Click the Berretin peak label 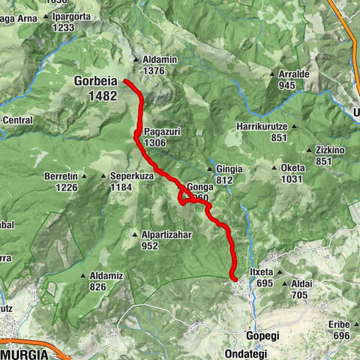pyautogui.click(x=61, y=176)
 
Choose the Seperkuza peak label pyautogui.click(x=131, y=176)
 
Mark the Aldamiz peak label pyautogui.click(x=106, y=275)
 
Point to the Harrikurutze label pyautogui.click(x=262, y=126)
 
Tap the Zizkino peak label pyautogui.click(x=330, y=150)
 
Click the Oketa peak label pyautogui.click(x=293, y=168)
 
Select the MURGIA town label pyautogui.click(x=25, y=353)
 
